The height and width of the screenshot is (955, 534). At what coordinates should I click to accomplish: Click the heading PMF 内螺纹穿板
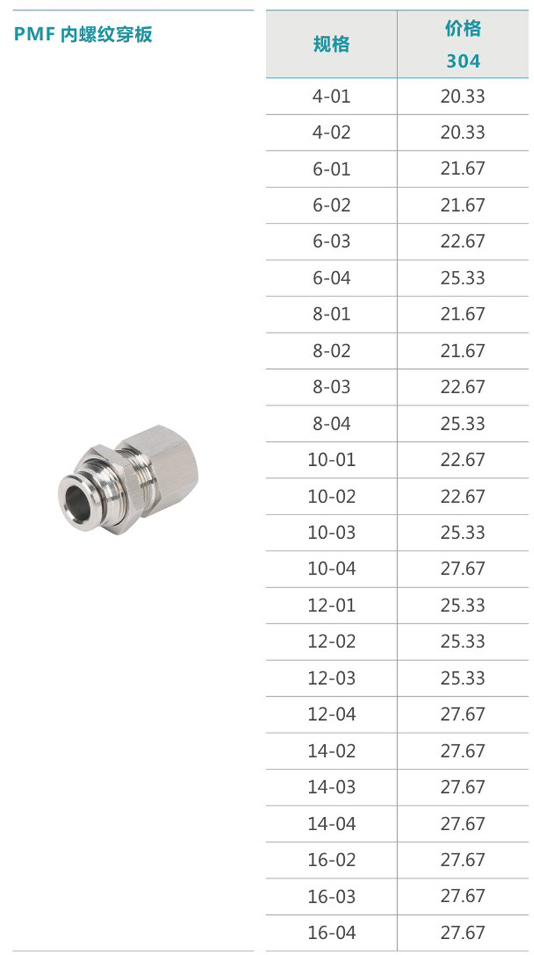coord(83,35)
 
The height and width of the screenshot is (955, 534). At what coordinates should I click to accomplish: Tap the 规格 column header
coord(331,44)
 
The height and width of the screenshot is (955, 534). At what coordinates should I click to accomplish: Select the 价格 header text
coord(463,29)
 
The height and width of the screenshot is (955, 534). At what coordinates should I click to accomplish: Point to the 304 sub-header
coord(463,61)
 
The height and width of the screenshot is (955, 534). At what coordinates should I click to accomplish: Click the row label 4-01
coord(331,96)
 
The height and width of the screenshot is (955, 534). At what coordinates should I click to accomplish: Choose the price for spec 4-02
coord(463,133)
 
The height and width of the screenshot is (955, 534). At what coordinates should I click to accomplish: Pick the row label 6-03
coord(331,242)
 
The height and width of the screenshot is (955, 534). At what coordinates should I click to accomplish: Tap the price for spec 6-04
coord(463,278)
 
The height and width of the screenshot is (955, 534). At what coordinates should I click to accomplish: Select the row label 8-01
coord(331,314)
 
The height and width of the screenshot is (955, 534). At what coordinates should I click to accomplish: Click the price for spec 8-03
coord(463,387)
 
